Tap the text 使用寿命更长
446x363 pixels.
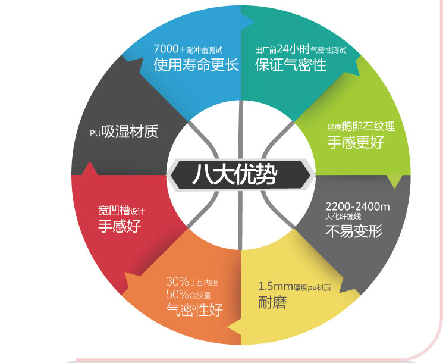(x=196, y=65)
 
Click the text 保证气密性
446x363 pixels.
(x=291, y=65)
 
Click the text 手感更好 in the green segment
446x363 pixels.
(x=356, y=142)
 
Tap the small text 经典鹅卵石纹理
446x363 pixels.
(x=361, y=127)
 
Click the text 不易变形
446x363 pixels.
(x=354, y=231)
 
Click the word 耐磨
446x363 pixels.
(x=273, y=302)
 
